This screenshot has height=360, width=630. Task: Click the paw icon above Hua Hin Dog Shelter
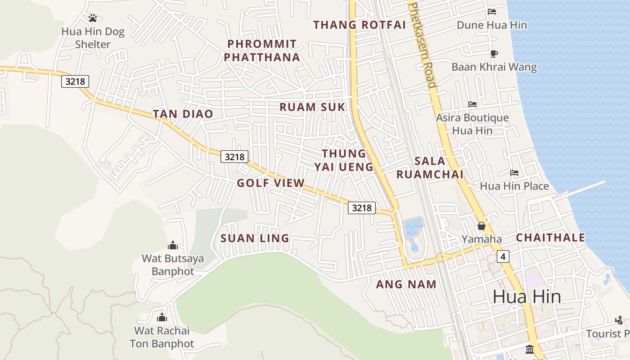tap(93, 18)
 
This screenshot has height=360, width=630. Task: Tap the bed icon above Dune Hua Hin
tap(492, 12)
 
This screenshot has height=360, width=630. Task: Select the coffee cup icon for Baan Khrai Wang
tap(494, 54)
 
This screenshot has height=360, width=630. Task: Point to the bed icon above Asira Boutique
tap(472, 104)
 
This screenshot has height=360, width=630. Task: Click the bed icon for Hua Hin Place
tap(514, 173)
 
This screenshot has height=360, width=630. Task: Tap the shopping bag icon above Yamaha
tap(481, 226)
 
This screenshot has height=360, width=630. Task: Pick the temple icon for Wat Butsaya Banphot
tap(173, 245)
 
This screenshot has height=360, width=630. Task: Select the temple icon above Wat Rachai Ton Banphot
tap(162, 317)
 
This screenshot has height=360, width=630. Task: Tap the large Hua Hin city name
tap(526, 297)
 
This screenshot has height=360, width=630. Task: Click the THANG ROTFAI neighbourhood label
tap(360, 25)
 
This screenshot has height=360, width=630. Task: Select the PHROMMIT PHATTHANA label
tap(262, 50)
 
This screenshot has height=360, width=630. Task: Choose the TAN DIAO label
tap(183, 114)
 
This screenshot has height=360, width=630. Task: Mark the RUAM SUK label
tap(312, 107)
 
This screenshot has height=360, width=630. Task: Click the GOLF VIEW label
tap(271, 183)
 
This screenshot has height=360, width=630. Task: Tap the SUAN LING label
tap(255, 238)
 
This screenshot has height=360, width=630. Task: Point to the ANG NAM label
tap(406, 284)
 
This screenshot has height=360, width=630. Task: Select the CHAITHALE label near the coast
tap(550, 238)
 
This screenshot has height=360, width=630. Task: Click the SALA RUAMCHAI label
tap(430, 167)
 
